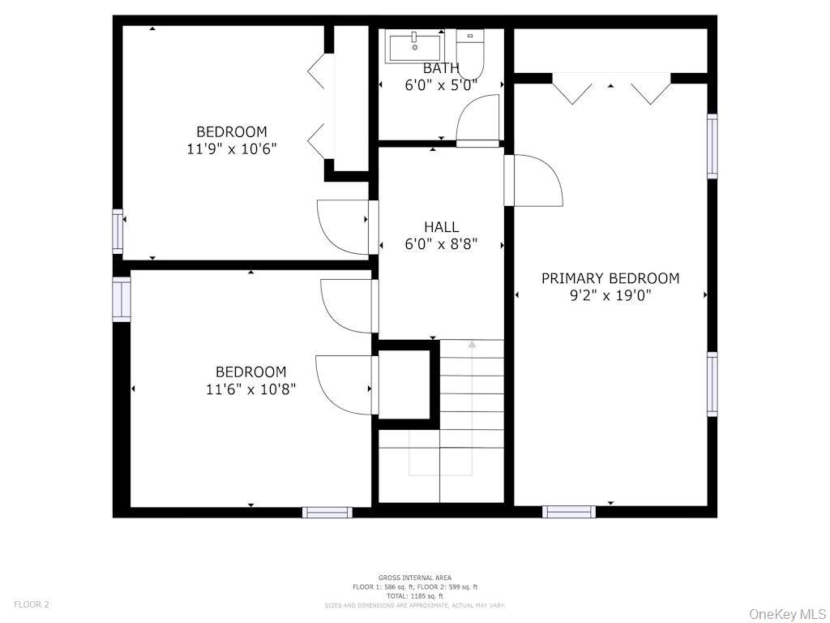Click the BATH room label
[x=441, y=68]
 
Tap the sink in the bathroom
[x=415, y=45]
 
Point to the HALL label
[x=441, y=227]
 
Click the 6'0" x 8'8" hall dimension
[x=441, y=244]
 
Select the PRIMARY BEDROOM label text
[x=610, y=278]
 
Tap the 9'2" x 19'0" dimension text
[x=610, y=295]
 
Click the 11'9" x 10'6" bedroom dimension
[x=231, y=148]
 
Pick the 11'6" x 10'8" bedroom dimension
[x=250, y=389]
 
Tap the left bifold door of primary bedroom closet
[x=573, y=89]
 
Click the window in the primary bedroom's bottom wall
[x=568, y=512]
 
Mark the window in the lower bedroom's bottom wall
[x=327, y=512]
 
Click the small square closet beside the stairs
[x=404, y=384]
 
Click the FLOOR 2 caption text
[x=32, y=604]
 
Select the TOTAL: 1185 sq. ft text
[x=414, y=596]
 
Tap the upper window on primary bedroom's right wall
[x=712, y=146]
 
